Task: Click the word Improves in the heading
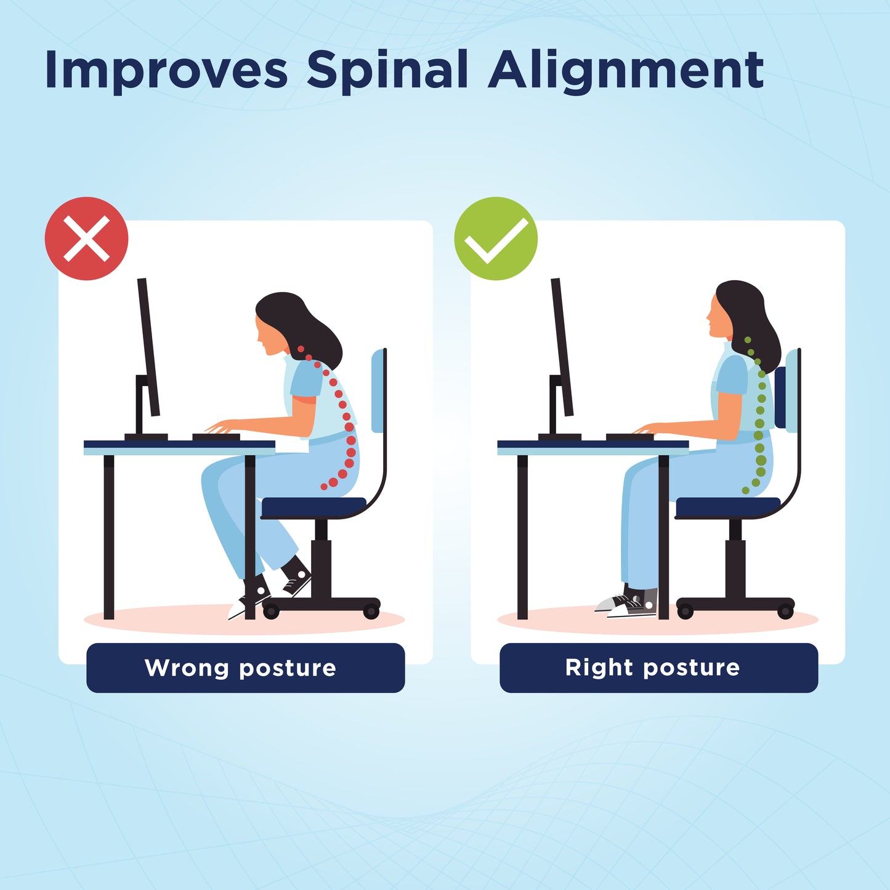[166, 71]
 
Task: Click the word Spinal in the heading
[387, 71]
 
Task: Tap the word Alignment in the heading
[625, 71]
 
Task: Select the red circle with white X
[86, 239]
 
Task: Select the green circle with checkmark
[496, 239]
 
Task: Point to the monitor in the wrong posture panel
[148, 348]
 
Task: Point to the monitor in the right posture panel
[562, 348]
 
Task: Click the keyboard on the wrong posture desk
[216, 437]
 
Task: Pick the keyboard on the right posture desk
[629, 437]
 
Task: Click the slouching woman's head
[289, 323]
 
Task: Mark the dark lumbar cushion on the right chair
[781, 397]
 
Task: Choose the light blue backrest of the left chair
[378, 391]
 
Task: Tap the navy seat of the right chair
[727, 508]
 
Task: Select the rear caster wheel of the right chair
[785, 612]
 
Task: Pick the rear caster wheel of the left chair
[371, 612]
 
